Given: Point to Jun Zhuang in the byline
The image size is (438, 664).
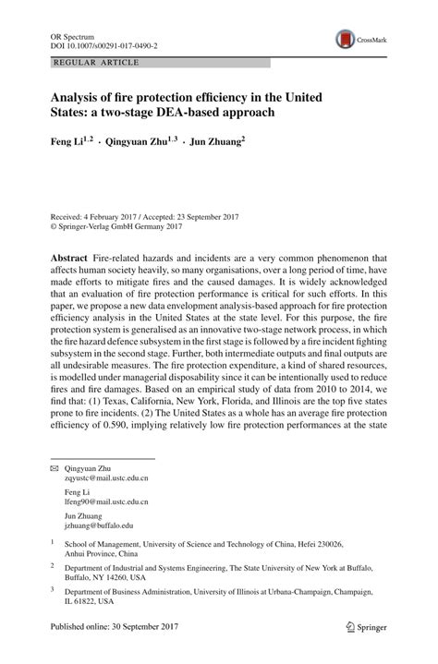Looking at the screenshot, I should pyautogui.click(x=241, y=143).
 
